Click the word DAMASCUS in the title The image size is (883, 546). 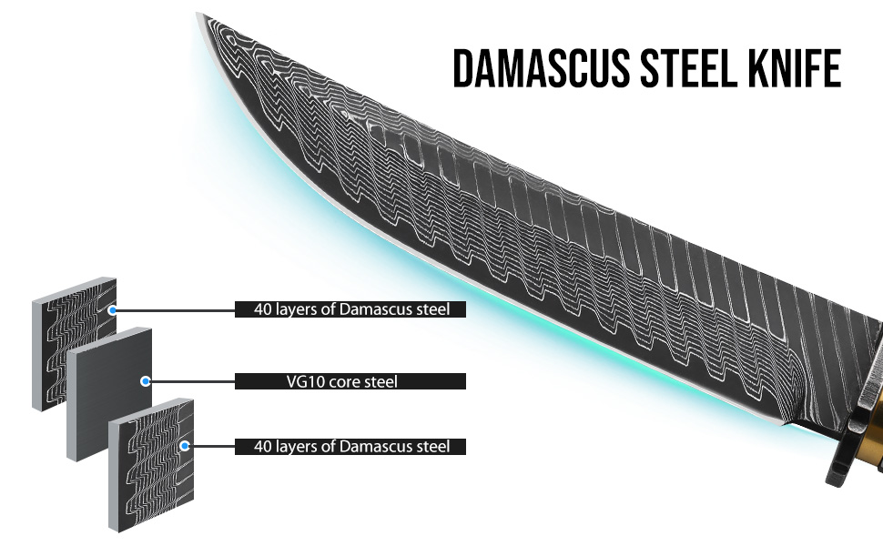(x=541, y=68)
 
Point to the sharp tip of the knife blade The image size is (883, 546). (x=198, y=14)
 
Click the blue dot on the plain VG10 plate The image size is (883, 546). (x=146, y=381)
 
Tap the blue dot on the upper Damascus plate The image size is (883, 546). (x=113, y=310)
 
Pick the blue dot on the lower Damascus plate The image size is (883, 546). (x=185, y=446)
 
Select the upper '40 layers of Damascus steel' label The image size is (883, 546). (x=350, y=309)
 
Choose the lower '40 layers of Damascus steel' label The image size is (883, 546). (x=350, y=447)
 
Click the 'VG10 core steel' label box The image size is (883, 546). (x=350, y=381)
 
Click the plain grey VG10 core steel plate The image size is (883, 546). (x=107, y=394)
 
